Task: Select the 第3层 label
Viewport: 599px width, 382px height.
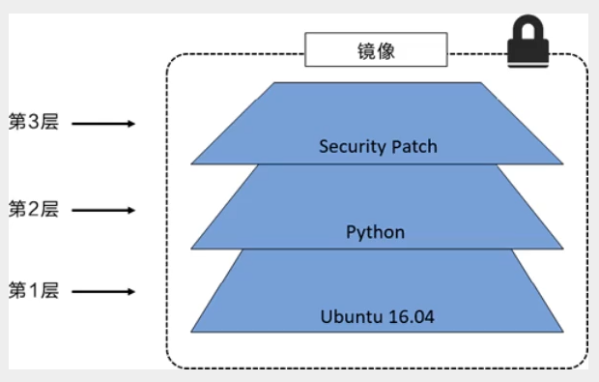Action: (x=34, y=124)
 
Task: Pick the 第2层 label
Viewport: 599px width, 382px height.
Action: (x=34, y=208)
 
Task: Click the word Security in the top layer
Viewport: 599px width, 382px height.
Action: (x=352, y=147)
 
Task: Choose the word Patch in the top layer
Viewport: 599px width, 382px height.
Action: (x=414, y=147)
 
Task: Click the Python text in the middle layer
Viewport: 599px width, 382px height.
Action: (x=375, y=232)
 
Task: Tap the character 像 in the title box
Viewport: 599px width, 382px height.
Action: (x=388, y=49)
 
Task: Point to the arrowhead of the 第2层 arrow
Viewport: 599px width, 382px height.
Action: (x=130, y=209)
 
